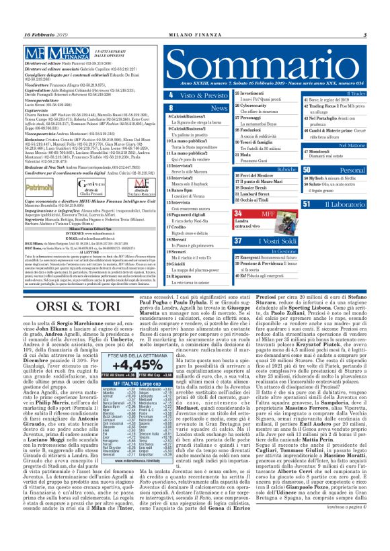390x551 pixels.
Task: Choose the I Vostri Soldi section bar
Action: coord(264,241)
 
